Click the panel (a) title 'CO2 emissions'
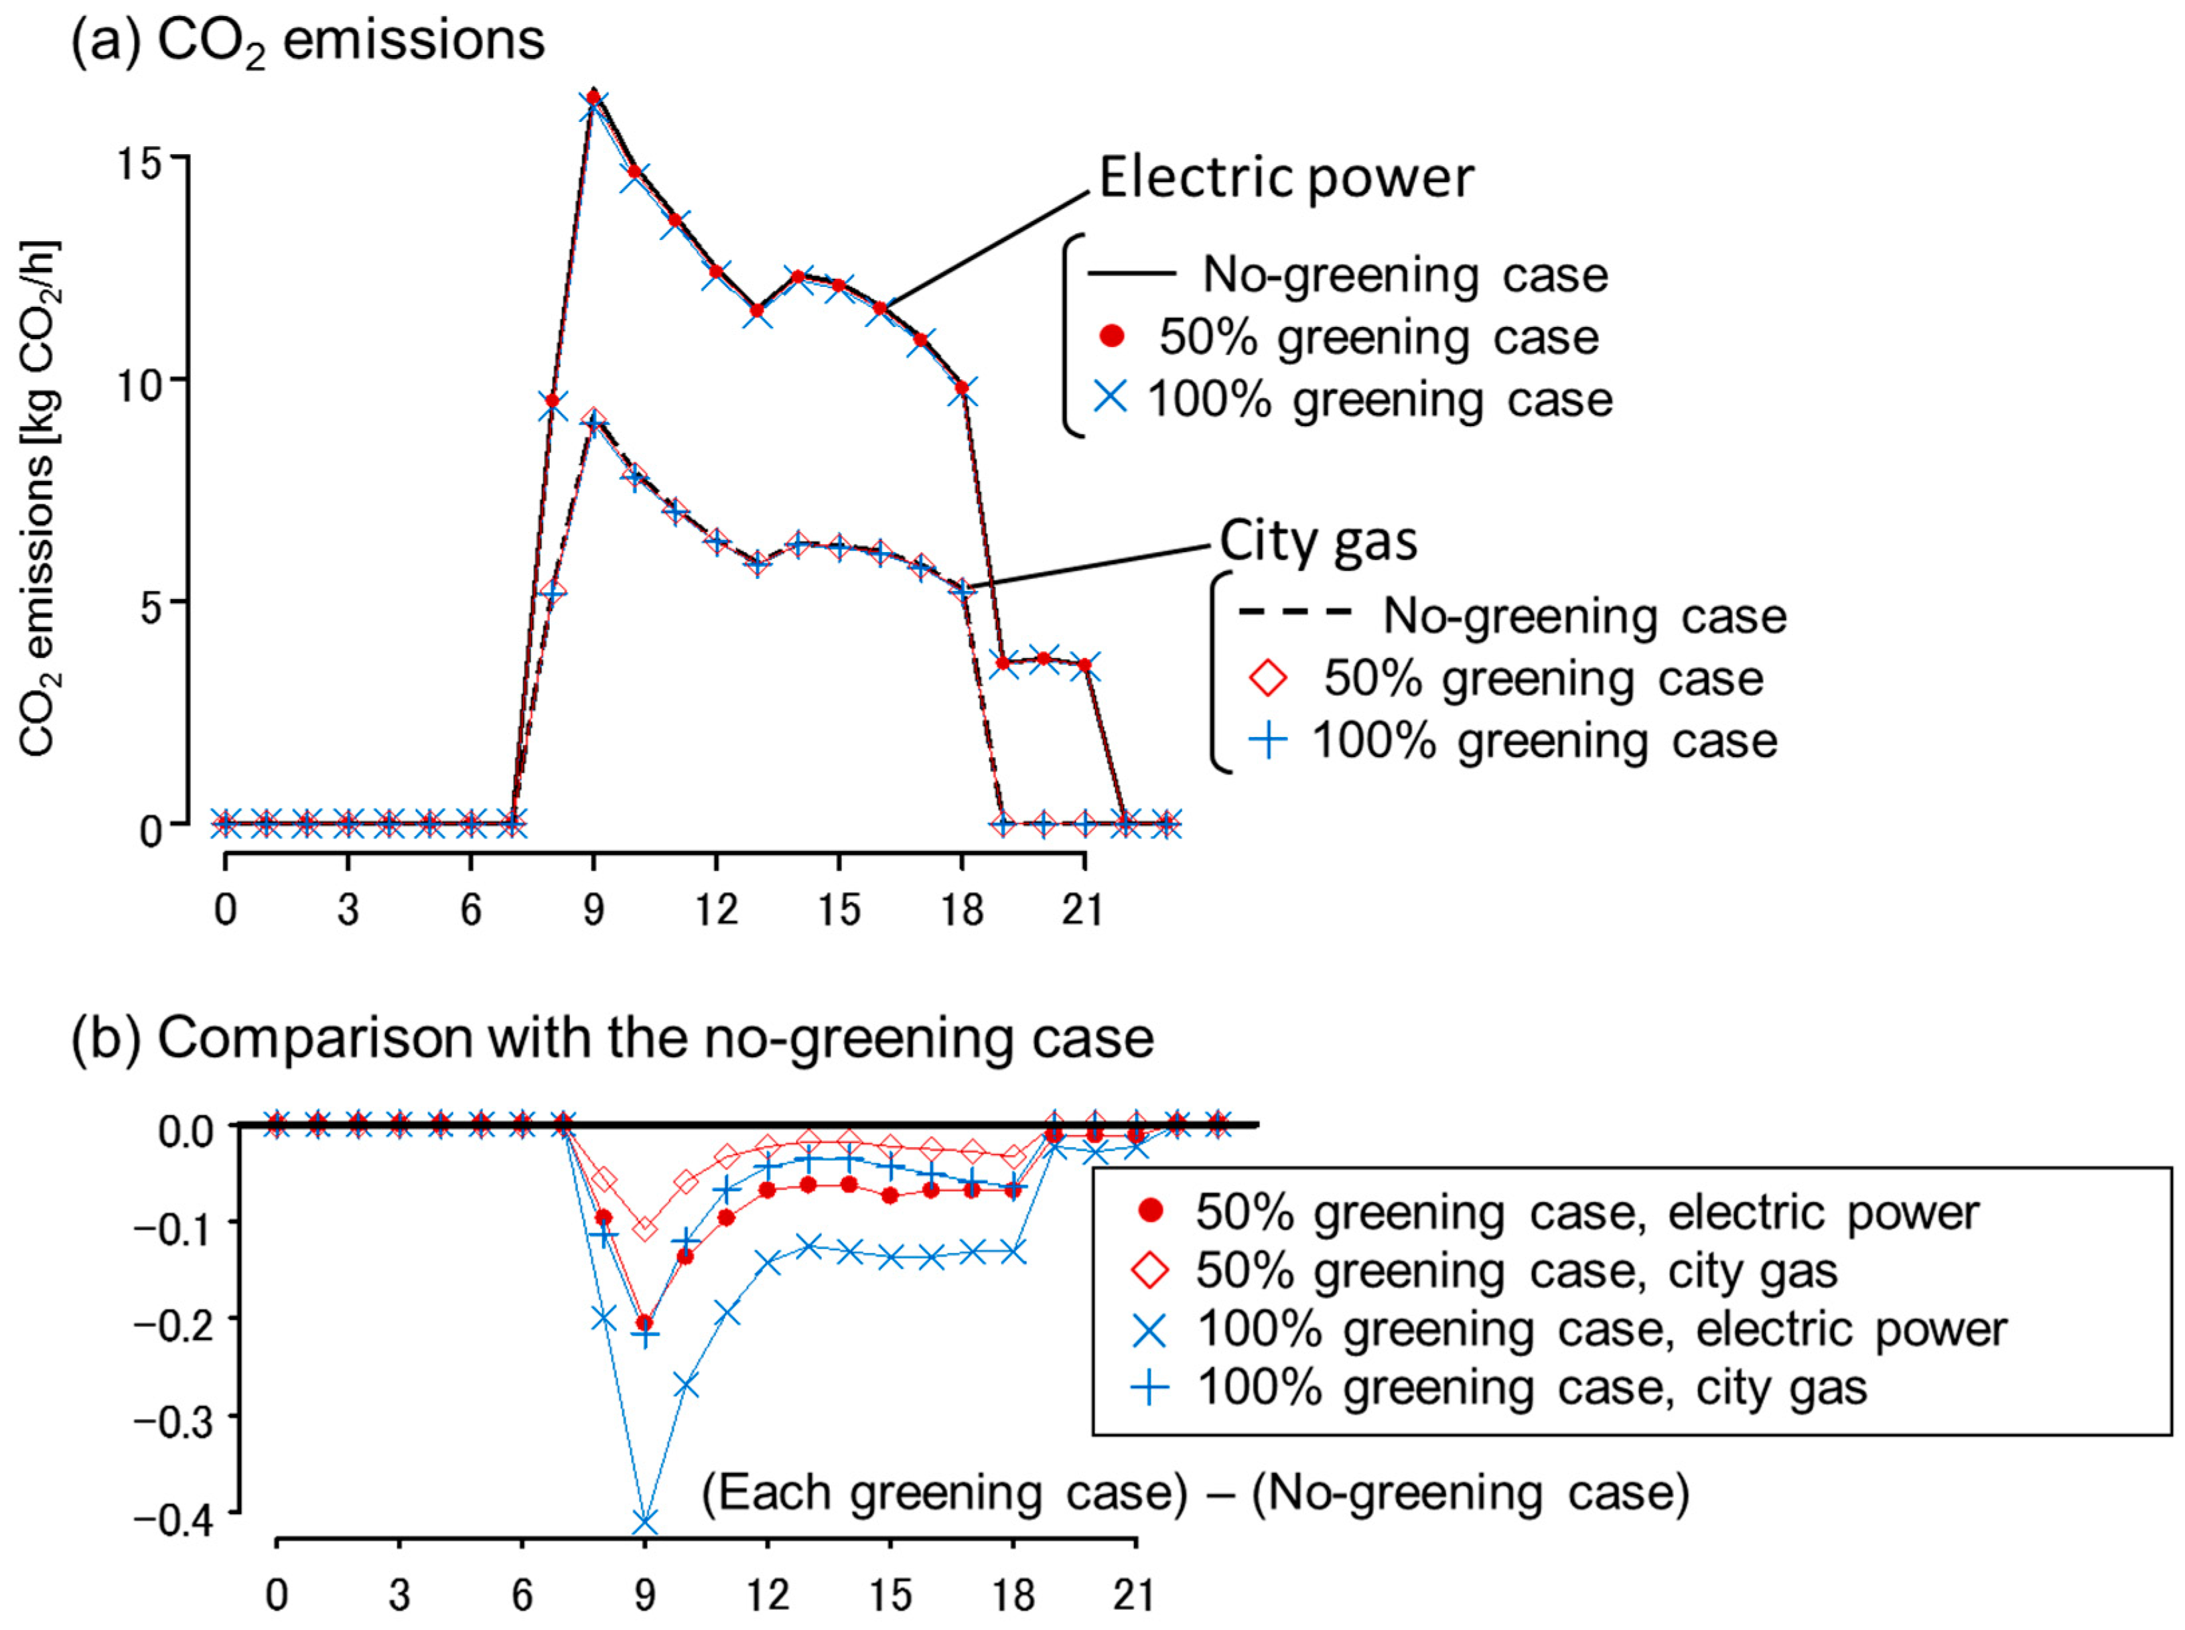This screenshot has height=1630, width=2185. click(307, 42)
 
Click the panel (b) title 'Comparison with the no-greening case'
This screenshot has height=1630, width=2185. click(612, 1038)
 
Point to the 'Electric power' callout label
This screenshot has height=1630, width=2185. click(1285, 179)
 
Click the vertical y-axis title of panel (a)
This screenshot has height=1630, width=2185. click(40, 499)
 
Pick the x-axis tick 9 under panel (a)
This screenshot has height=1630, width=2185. click(593, 908)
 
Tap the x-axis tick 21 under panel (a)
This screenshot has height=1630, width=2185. click(1083, 908)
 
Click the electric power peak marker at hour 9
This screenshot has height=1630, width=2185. click(593, 96)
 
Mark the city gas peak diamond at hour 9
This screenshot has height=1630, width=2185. click(593, 418)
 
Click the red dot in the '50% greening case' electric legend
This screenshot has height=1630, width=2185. click(1112, 338)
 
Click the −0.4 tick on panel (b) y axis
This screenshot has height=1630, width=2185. click(186, 1519)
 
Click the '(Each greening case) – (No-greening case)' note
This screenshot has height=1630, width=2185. click(1194, 1492)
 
